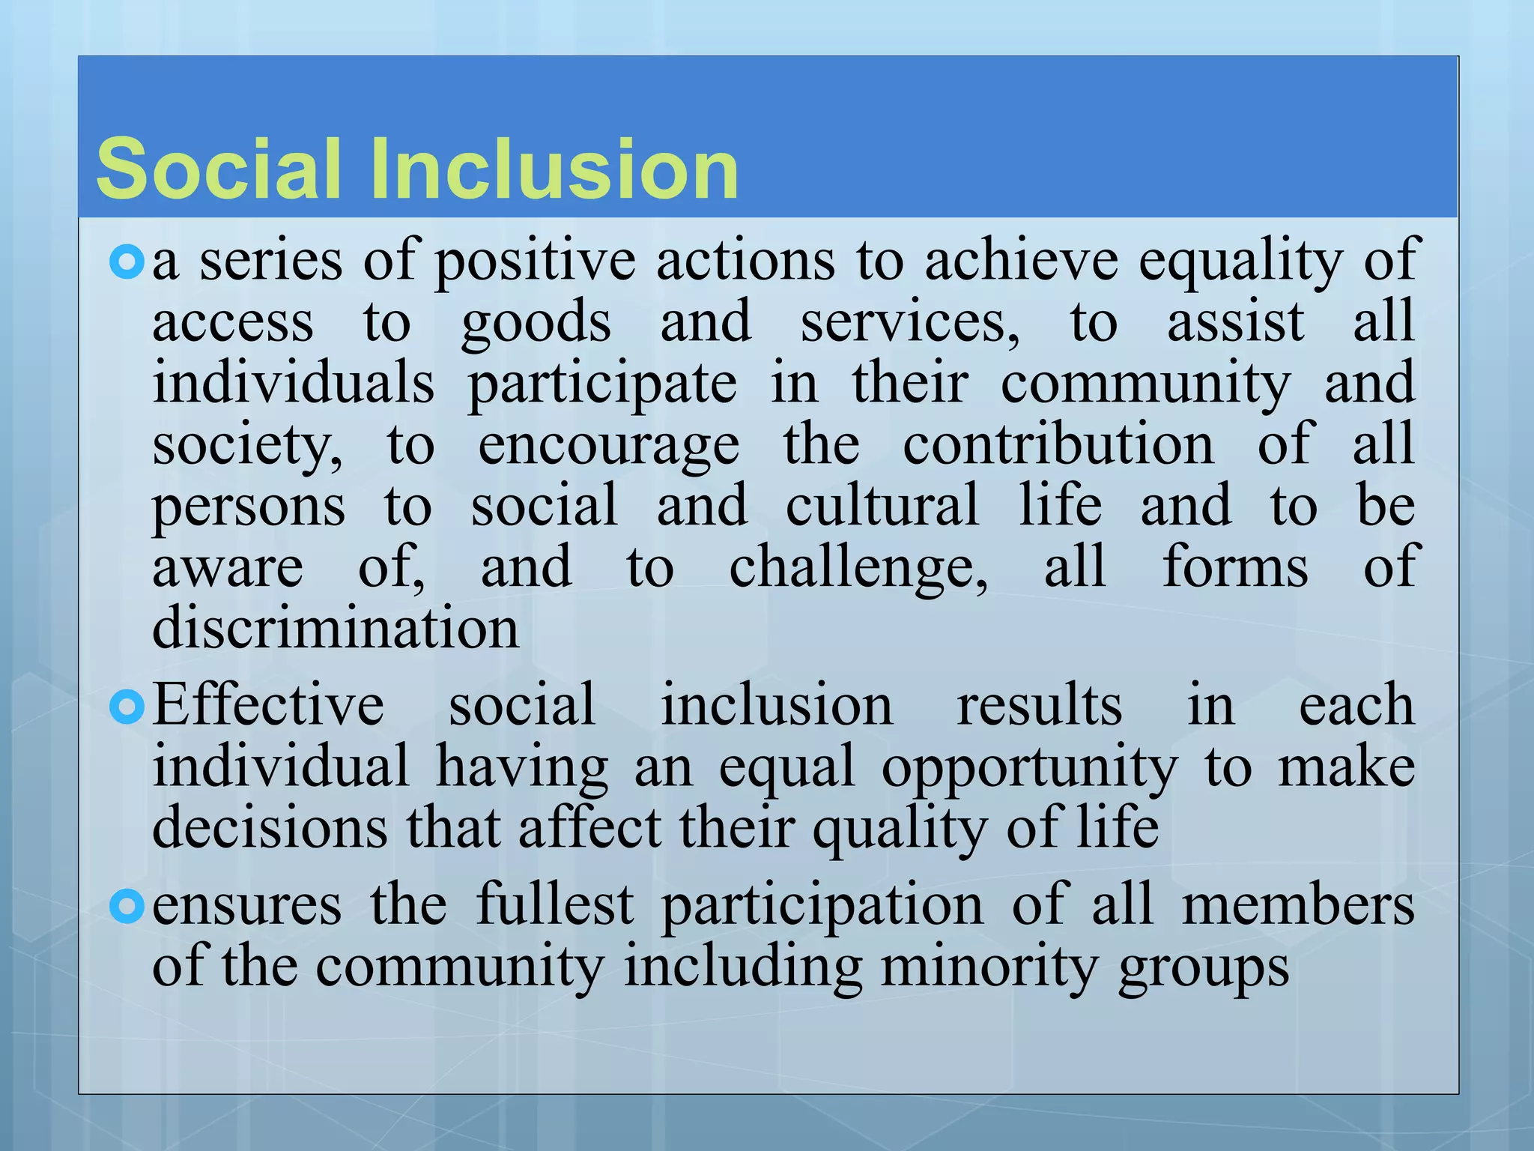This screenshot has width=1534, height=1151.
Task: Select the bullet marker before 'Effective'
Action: point(126,707)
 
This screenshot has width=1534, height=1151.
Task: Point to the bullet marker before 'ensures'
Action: point(126,907)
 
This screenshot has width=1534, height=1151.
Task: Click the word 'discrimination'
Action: point(336,628)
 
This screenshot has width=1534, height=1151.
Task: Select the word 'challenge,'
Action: point(858,568)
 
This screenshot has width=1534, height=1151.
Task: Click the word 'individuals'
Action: point(293,382)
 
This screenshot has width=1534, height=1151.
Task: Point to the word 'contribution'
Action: point(1058,444)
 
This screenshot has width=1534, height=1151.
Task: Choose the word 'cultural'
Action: point(882,505)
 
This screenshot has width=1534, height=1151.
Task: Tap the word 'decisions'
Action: point(270,827)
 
